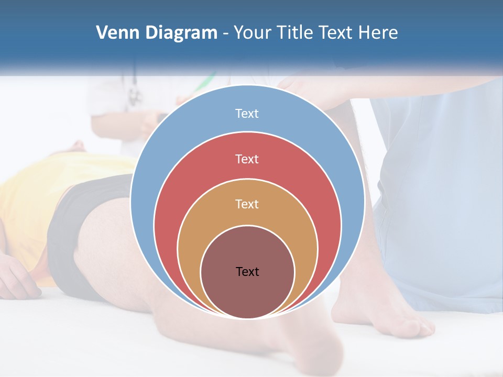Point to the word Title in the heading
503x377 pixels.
[x=296, y=32]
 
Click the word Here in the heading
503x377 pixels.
[x=378, y=32]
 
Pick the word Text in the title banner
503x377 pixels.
[x=336, y=32]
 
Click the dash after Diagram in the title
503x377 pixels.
[x=225, y=34]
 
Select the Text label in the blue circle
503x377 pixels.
[x=247, y=114]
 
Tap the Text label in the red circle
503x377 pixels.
[x=247, y=159]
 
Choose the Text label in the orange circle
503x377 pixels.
[x=247, y=204]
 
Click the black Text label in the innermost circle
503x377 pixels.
[x=247, y=271]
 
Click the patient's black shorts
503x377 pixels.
[x=79, y=230]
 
